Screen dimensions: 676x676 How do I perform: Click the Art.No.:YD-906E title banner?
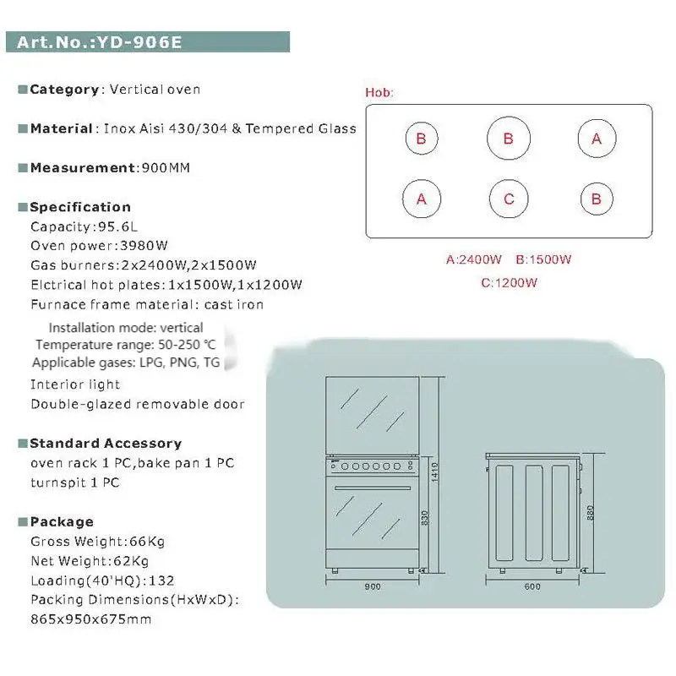pyautogui.click(x=148, y=42)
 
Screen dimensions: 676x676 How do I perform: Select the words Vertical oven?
pyautogui.click(x=154, y=90)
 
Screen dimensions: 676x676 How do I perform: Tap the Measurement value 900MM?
pyautogui.click(x=163, y=167)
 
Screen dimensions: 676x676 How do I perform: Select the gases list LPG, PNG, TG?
pyautogui.click(x=187, y=363)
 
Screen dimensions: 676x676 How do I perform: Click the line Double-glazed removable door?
pyautogui.click(x=138, y=404)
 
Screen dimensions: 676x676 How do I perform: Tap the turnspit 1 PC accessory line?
pyautogui.click(x=75, y=482)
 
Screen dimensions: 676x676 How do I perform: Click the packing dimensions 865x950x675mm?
pyautogui.click(x=91, y=619)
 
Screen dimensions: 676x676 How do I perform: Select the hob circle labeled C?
pyautogui.click(x=509, y=199)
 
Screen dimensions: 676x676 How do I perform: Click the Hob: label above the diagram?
pyautogui.click(x=379, y=92)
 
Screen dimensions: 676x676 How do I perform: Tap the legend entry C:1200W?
pyautogui.click(x=509, y=282)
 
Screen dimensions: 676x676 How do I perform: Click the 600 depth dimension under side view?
pyautogui.click(x=531, y=586)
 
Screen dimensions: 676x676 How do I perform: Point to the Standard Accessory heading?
pyautogui.click(x=106, y=444)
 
